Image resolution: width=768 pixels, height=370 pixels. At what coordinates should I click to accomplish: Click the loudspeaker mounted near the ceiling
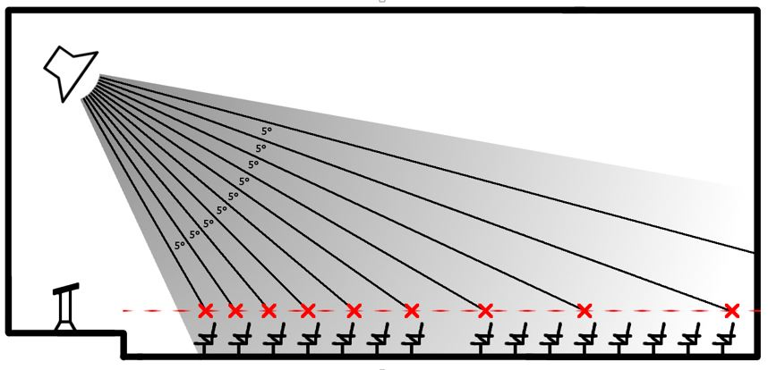click(x=69, y=73)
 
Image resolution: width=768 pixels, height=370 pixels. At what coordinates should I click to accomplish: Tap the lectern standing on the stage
click(x=66, y=307)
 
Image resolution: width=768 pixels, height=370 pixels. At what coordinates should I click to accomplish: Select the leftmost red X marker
click(x=206, y=310)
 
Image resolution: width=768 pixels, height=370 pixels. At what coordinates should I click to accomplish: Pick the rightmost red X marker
click(x=731, y=310)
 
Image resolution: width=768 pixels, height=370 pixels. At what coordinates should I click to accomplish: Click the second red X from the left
click(x=235, y=310)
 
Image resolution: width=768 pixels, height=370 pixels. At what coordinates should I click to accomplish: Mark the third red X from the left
click(x=269, y=310)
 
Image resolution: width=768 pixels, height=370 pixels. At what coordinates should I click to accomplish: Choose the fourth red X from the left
click(x=308, y=310)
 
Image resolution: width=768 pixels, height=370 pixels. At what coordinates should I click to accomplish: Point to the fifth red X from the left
click(x=354, y=310)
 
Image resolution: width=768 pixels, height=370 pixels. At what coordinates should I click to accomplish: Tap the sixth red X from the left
click(x=412, y=310)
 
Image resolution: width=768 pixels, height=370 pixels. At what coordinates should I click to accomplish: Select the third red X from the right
click(x=485, y=310)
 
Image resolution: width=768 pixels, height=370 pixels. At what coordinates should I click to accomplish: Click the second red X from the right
click(x=585, y=310)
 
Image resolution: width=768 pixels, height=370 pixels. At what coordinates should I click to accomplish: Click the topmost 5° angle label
click(x=267, y=131)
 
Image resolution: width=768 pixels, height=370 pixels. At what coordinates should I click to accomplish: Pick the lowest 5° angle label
click(x=180, y=245)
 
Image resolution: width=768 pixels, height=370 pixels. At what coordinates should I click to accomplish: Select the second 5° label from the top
click(x=260, y=147)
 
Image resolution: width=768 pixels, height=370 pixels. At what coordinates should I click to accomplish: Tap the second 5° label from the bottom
click(x=194, y=234)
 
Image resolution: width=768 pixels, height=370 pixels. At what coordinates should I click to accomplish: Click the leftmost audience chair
click(x=206, y=338)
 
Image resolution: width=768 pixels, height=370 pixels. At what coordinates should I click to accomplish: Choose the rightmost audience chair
click(x=724, y=338)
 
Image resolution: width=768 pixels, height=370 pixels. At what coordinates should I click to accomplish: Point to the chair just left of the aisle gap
click(x=413, y=338)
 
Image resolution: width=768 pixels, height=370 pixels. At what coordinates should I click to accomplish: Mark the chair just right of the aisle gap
click(x=482, y=338)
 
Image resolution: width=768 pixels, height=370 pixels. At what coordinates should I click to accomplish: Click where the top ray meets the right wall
click(x=754, y=252)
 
